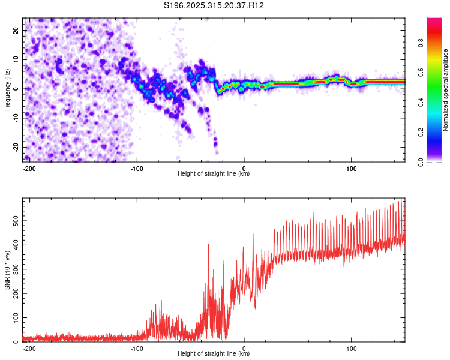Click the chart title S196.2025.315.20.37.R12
pyautogui.click(x=214, y=5)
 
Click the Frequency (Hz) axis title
pyautogui.click(x=7, y=89)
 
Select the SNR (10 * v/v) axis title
pyautogui.click(x=7, y=270)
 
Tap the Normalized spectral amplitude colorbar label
pyautogui.click(x=446, y=90)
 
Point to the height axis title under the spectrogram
pyautogui.click(x=214, y=174)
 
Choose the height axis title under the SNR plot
pyautogui.click(x=214, y=354)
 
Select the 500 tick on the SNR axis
pyautogui.click(x=15, y=221)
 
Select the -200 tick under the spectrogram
pyautogui.click(x=29, y=167)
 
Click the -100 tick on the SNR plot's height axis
pyautogui.click(x=137, y=347)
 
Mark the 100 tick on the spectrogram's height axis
pyautogui.click(x=352, y=167)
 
